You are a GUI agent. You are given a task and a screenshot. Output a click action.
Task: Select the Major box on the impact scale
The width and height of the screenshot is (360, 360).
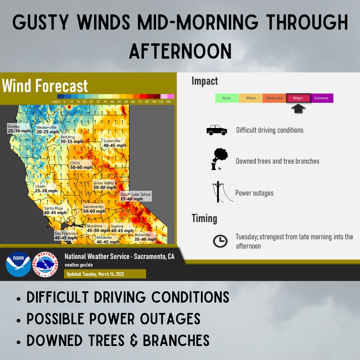(298, 98)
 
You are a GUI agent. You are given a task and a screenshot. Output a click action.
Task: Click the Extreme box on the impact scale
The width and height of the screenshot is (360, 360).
(322, 98)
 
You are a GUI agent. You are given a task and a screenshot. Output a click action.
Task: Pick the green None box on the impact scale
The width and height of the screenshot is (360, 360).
(227, 98)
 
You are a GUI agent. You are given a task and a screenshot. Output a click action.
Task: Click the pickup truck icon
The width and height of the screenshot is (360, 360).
(217, 130)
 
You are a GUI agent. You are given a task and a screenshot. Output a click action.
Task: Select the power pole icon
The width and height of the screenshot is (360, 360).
(219, 192)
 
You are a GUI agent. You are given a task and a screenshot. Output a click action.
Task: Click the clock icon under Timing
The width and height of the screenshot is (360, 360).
(220, 241)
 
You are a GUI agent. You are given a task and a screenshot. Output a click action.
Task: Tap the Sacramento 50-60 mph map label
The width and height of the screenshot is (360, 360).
(94, 209)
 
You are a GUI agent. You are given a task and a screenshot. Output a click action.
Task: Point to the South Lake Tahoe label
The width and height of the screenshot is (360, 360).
(135, 197)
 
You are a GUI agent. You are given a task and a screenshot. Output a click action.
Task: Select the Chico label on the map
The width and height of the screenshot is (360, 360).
(81, 165)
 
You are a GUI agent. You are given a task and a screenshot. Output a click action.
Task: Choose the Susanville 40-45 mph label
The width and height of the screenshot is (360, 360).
(114, 143)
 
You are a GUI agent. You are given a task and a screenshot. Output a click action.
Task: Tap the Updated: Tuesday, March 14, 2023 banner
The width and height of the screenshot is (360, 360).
(105, 274)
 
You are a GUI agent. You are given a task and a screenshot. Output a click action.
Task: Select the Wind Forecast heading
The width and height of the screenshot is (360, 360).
(45, 86)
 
